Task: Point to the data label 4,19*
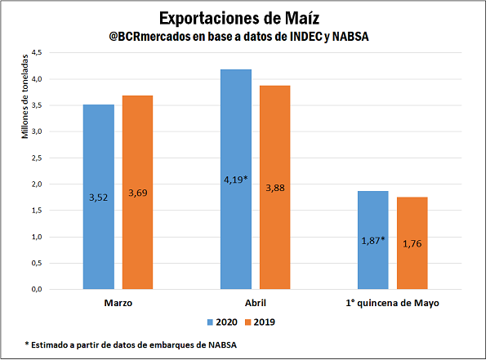point(236,180)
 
